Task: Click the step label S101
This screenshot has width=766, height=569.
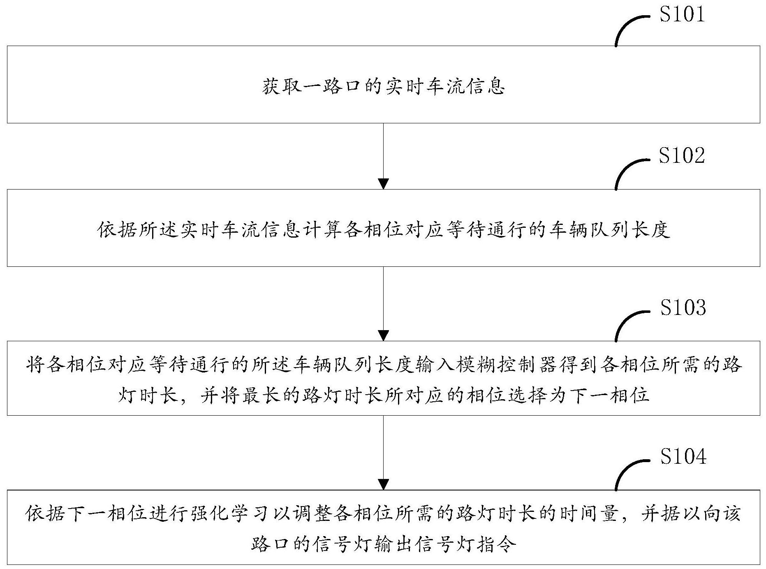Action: pos(682,14)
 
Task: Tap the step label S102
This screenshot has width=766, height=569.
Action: pos(682,156)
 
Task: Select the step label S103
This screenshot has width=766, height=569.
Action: pos(683,308)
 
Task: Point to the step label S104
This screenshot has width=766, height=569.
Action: pos(683,456)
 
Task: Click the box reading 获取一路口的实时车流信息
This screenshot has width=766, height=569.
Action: pos(383,84)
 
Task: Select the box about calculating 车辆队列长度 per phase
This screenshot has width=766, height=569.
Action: pos(383,228)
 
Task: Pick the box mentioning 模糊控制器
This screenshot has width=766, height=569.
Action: pos(383,378)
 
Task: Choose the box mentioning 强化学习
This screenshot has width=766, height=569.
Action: pos(383,527)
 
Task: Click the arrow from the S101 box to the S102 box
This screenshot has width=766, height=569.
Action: pos(383,156)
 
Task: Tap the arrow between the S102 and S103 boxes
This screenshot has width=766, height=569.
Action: pos(383,304)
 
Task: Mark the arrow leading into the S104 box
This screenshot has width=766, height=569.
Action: pos(383,453)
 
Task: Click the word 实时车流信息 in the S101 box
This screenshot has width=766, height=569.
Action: pos(445,87)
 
